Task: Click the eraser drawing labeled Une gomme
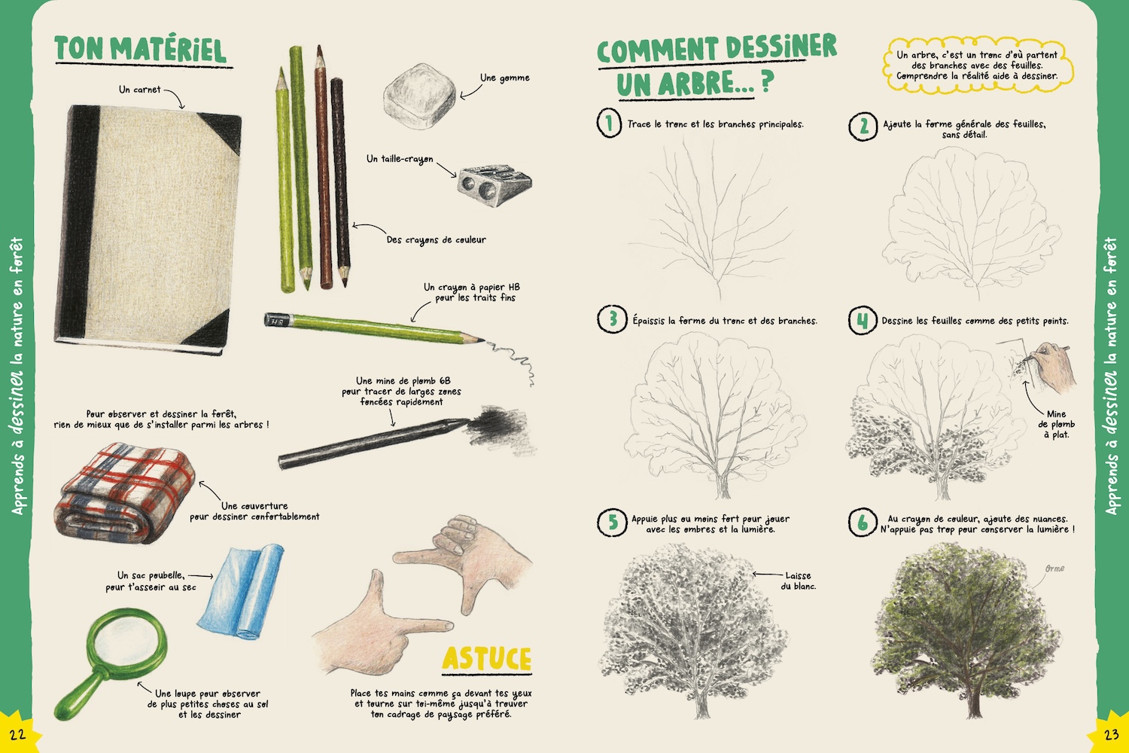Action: [419, 96]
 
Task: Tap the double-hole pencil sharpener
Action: [495, 184]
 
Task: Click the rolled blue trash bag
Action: [241, 591]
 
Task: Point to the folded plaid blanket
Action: [124, 492]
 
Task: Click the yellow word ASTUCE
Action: [487, 659]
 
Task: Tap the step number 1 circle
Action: [609, 123]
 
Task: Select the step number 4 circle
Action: [863, 320]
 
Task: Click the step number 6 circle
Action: [863, 522]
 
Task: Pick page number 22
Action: [17, 734]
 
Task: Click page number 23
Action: [1112, 734]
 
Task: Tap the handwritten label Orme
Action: [1054, 569]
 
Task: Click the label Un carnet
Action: [139, 90]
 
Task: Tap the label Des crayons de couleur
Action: [437, 239]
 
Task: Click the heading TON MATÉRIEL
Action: [141, 50]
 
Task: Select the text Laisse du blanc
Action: [799, 581]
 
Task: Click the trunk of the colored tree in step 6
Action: [975, 699]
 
